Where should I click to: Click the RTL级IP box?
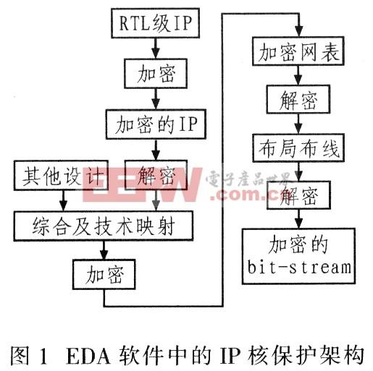click(x=155, y=23)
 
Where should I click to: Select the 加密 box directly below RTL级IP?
click(x=156, y=73)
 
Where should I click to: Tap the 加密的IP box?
click(x=156, y=124)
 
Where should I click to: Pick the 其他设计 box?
click(x=61, y=175)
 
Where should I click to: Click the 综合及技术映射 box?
click(x=104, y=226)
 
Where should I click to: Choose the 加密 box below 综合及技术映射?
click(x=104, y=275)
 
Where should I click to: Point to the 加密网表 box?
click(x=298, y=51)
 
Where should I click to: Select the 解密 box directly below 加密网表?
click(x=298, y=99)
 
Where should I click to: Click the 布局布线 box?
click(x=298, y=148)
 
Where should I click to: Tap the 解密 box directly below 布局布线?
click(x=298, y=195)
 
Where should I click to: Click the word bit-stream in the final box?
click(x=299, y=267)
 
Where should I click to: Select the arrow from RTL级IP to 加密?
click(x=156, y=48)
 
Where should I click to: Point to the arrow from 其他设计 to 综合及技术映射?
click(x=63, y=200)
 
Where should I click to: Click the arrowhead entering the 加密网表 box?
click(x=299, y=30)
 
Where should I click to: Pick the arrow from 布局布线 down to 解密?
click(x=299, y=171)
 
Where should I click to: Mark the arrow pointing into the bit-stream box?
click(x=299, y=219)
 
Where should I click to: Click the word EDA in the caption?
click(x=88, y=355)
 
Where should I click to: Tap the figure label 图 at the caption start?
click(x=20, y=355)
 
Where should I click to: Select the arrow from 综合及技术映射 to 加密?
click(x=104, y=250)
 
